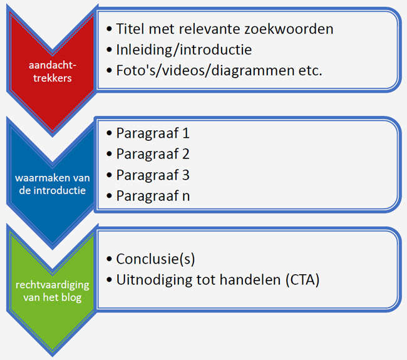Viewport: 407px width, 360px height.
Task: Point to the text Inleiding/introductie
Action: click(x=184, y=49)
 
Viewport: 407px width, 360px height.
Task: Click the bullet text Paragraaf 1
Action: click(x=153, y=133)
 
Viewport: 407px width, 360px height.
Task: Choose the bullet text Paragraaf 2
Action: click(x=153, y=154)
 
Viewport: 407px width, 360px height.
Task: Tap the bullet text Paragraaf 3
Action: click(x=153, y=175)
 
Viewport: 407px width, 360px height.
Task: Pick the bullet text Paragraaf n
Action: click(x=153, y=195)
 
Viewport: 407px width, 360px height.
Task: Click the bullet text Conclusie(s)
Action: click(x=155, y=259)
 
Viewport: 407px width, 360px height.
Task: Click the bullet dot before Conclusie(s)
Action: click(x=109, y=259)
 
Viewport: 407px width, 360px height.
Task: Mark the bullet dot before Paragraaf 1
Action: click(x=109, y=133)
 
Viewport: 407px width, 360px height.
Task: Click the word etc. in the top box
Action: click(x=311, y=70)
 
